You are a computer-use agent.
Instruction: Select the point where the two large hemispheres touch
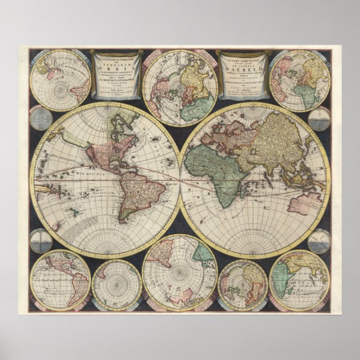click(x=180, y=179)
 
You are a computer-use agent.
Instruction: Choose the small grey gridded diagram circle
click(x=40, y=119)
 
